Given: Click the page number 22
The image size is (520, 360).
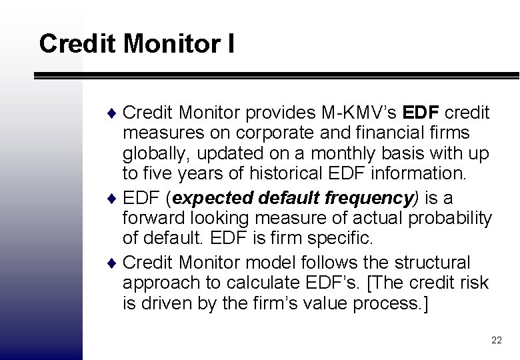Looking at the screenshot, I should [496, 341].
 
